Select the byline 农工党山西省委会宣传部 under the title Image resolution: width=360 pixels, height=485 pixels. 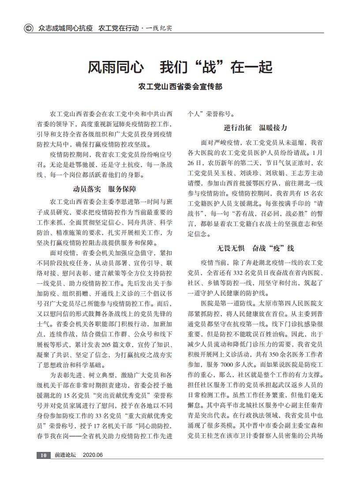[180, 87]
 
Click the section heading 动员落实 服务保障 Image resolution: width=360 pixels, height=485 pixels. [105, 190]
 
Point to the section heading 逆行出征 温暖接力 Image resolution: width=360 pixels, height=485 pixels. [255, 128]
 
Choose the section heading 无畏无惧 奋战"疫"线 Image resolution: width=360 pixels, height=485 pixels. [255, 248]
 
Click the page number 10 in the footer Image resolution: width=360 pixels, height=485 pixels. [43, 455]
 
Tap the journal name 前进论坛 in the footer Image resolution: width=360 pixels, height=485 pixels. [65, 455]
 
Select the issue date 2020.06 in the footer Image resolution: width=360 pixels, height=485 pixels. [93, 455]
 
